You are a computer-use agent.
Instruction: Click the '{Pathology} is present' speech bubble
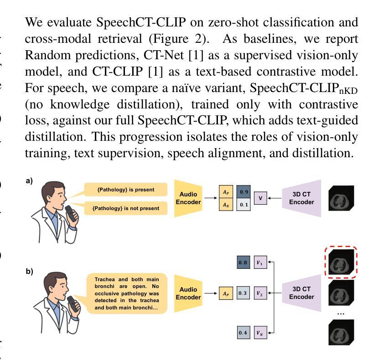click(125, 190)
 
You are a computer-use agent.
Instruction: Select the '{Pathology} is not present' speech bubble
click(125, 208)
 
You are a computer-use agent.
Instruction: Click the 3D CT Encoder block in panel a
click(302, 199)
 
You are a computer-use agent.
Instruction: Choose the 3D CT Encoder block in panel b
click(302, 293)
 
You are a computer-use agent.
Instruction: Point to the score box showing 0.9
click(243, 192)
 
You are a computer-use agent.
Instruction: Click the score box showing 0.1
click(243, 205)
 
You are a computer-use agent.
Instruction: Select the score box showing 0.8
click(243, 262)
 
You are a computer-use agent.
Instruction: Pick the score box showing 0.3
click(243, 293)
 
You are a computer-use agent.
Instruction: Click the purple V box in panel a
click(260, 199)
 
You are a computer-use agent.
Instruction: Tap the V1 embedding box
click(260, 262)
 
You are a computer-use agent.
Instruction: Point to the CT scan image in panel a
click(341, 199)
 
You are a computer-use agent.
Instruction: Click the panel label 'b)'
click(29, 272)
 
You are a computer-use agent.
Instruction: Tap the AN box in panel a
click(225, 205)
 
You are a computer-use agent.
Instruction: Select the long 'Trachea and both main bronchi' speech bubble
click(127, 293)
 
